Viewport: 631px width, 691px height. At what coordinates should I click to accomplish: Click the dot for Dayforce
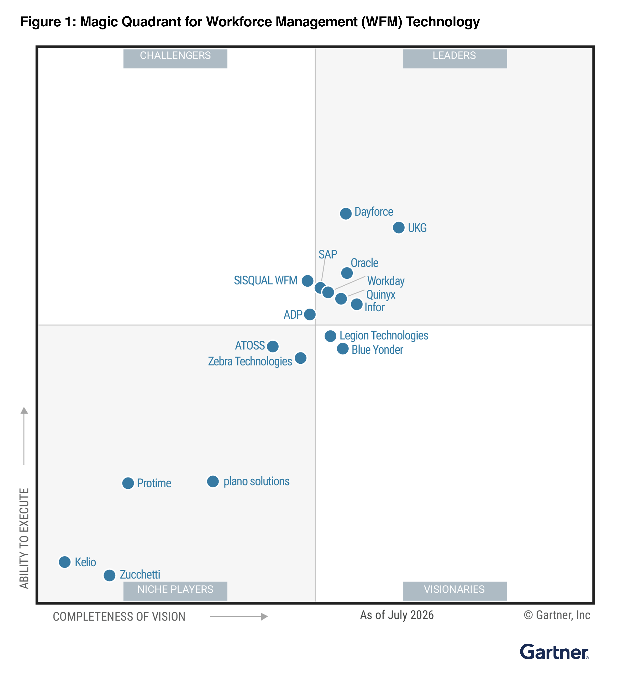346,214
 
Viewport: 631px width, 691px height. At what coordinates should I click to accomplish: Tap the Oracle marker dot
347,273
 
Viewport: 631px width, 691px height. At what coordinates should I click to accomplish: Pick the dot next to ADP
310,314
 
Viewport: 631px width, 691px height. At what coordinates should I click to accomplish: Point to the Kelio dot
65,562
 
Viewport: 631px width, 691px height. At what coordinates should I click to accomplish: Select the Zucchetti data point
109,575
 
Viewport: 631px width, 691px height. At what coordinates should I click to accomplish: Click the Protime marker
128,483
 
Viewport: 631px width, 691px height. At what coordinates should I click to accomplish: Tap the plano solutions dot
213,481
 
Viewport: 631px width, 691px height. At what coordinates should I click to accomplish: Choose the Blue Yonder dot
343,349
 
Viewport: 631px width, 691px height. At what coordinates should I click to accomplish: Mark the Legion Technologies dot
330,336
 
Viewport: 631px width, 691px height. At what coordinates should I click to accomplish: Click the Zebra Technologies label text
250,361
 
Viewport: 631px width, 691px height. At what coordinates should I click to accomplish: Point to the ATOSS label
250,345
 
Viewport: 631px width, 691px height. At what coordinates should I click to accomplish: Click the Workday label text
386,281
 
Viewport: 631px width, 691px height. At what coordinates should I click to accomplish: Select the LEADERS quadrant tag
455,59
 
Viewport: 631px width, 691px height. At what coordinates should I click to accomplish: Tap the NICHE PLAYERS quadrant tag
175,591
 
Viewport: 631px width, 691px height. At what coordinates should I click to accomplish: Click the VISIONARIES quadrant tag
455,591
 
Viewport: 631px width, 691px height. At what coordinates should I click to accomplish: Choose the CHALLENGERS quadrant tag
175,59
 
